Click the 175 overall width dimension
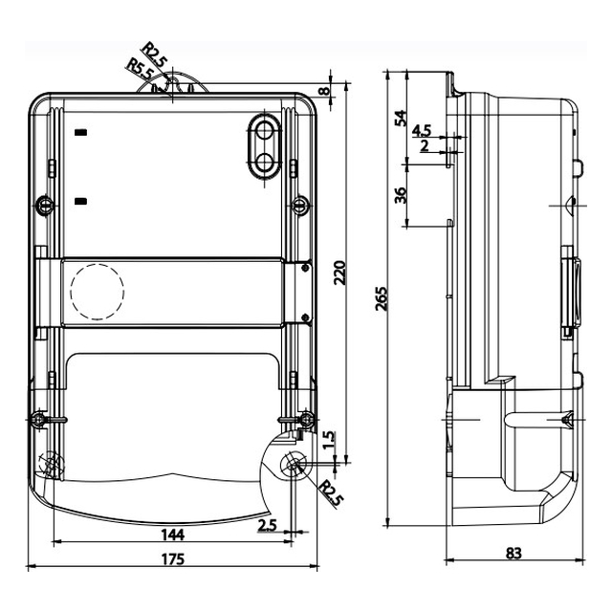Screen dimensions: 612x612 click(x=173, y=558)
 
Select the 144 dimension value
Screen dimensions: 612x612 click(x=173, y=535)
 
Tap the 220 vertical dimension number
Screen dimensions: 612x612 click(x=340, y=273)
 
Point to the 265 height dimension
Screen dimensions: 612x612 click(x=382, y=298)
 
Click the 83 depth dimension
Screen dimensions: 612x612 click(x=514, y=553)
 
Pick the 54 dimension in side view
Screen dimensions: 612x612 click(x=400, y=119)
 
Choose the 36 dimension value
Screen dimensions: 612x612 click(x=400, y=195)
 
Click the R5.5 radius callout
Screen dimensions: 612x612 click(x=140, y=68)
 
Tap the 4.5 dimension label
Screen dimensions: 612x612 click(x=422, y=131)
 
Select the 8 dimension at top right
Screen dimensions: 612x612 click(x=324, y=92)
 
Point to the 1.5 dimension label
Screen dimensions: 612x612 click(x=329, y=440)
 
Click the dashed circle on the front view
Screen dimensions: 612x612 click(x=98, y=292)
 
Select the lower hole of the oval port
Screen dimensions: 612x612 click(x=265, y=162)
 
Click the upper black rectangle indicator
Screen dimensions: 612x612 click(x=80, y=133)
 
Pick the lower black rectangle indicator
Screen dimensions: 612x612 click(x=80, y=202)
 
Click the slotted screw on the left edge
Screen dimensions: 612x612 click(x=45, y=205)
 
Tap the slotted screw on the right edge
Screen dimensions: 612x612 click(x=301, y=205)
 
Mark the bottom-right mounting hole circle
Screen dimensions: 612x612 click(x=293, y=464)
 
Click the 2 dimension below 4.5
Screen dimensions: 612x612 click(x=425, y=146)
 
